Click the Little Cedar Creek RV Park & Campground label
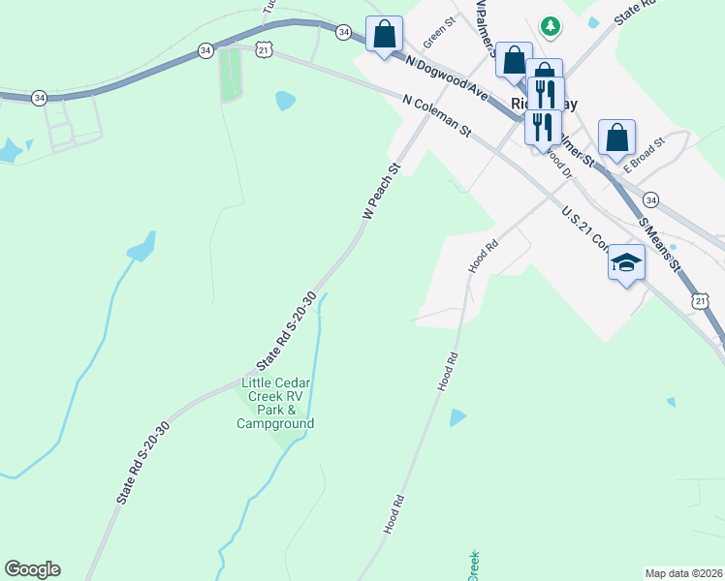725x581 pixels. [x=277, y=404]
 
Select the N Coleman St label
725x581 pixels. [x=437, y=113]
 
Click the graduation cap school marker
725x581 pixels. [x=626, y=262]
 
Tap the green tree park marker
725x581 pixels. [x=551, y=25]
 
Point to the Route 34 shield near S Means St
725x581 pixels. [x=650, y=199]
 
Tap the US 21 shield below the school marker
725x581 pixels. [x=701, y=303]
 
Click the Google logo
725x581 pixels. [x=32, y=569]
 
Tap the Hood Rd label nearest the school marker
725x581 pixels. [x=483, y=256]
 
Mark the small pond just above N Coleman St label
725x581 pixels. [x=285, y=100]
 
